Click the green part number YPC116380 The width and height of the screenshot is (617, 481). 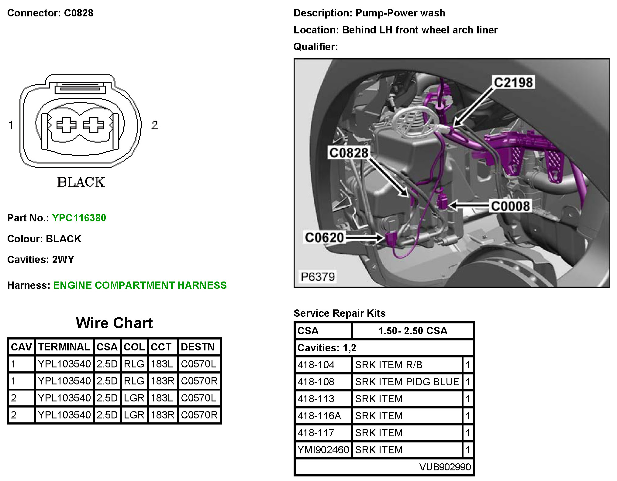click(79, 218)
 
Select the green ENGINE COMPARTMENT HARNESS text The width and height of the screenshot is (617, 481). click(140, 285)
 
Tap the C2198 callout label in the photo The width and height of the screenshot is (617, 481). click(513, 83)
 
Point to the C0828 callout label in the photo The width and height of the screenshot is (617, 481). click(349, 153)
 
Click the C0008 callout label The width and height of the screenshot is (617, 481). click(510, 206)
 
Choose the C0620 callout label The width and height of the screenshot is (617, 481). click(324, 237)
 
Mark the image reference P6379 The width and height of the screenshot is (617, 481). click(318, 277)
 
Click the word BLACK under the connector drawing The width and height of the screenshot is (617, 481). click(81, 182)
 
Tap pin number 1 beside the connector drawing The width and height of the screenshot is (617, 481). click(11, 125)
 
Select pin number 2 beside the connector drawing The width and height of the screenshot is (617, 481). click(155, 125)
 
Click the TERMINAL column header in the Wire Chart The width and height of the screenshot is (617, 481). click(64, 347)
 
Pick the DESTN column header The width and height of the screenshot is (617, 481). click(198, 347)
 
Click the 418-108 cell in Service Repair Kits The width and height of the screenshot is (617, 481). click(316, 382)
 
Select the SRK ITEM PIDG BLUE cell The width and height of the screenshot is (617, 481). click(407, 382)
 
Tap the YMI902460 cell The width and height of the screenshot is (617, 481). click(323, 450)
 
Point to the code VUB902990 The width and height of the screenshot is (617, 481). click(445, 467)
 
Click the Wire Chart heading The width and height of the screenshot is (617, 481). click(114, 323)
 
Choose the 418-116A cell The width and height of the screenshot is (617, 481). click(319, 416)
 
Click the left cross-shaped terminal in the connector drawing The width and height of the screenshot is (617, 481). click(66, 125)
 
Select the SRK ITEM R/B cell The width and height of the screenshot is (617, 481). click(388, 365)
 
